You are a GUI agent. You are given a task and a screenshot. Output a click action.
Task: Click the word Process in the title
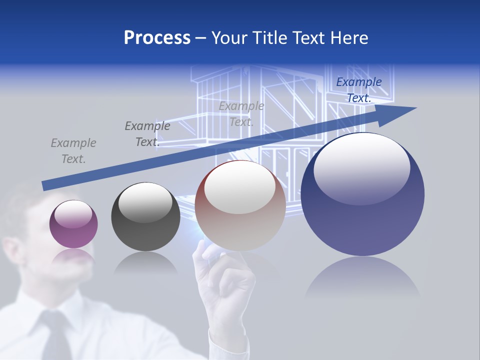[x=157, y=38]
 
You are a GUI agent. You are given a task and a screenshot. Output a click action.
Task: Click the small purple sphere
[x=73, y=224]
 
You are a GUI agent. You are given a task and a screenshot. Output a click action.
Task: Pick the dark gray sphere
[x=145, y=216]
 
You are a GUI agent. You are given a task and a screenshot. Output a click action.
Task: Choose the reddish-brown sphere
[x=240, y=205]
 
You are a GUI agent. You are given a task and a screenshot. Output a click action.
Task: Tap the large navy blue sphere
[x=362, y=194]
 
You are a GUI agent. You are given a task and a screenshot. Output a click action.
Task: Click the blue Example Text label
[x=358, y=90]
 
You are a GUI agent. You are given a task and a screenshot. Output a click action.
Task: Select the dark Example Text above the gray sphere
[x=147, y=134]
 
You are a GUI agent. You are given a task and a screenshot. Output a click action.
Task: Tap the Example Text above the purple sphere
[x=73, y=151]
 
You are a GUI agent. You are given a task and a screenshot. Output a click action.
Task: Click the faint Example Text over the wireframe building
[x=241, y=114]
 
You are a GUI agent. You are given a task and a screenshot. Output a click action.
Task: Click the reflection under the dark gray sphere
[x=145, y=262]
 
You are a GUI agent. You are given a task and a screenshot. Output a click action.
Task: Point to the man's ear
[x=11, y=250]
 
